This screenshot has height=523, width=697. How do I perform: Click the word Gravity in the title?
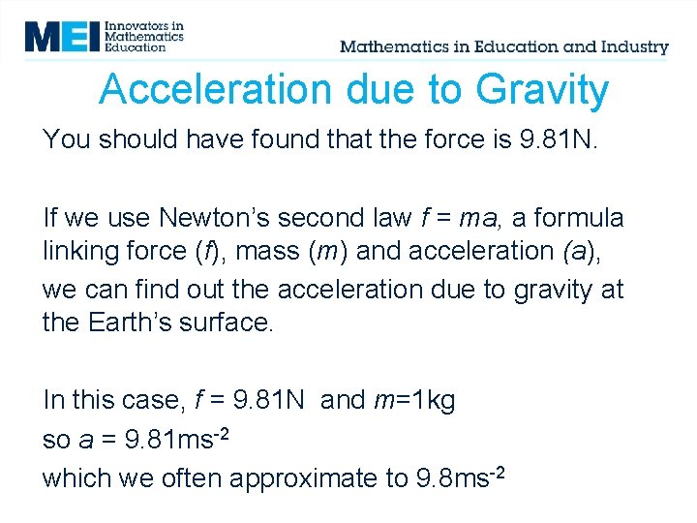pos(542,90)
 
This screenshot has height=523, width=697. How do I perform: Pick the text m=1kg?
pos(413,400)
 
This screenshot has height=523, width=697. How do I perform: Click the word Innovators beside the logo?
pos(144,24)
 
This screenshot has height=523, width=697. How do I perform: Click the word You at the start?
pos(66,139)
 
